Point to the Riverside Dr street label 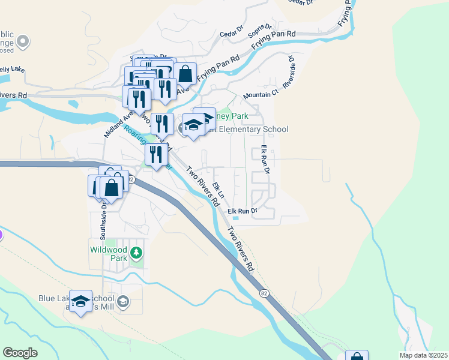pyautogui.click(x=289, y=73)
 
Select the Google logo pyautogui.click(x=20, y=352)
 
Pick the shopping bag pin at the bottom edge pyautogui.click(x=357, y=356)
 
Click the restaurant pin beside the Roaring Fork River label pyautogui.click(x=156, y=155)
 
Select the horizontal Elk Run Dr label pyautogui.click(x=243, y=211)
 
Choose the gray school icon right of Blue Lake pyautogui.click(x=123, y=301)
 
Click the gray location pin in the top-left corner pyautogui.click(x=23, y=41)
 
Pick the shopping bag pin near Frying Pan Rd pyautogui.click(x=185, y=74)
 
